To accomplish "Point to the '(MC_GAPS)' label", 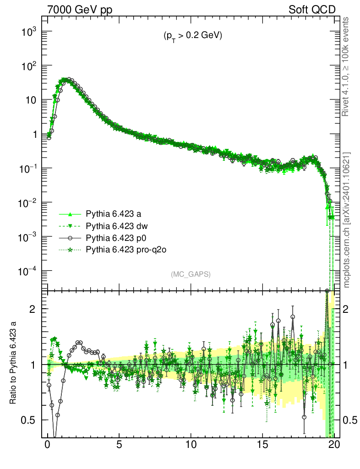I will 191,274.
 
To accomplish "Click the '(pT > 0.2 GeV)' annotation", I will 193,36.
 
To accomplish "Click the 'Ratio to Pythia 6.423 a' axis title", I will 13,365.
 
